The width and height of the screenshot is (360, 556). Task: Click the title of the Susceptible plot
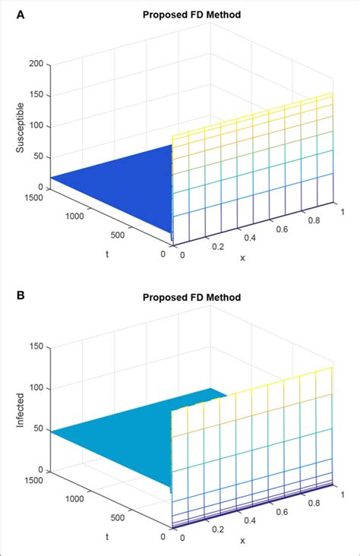192,14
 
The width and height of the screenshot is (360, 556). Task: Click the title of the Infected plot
192,297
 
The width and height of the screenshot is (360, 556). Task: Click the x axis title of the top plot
243,257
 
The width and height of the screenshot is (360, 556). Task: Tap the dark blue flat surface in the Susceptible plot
114,182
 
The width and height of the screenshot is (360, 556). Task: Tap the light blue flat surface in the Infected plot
114,441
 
